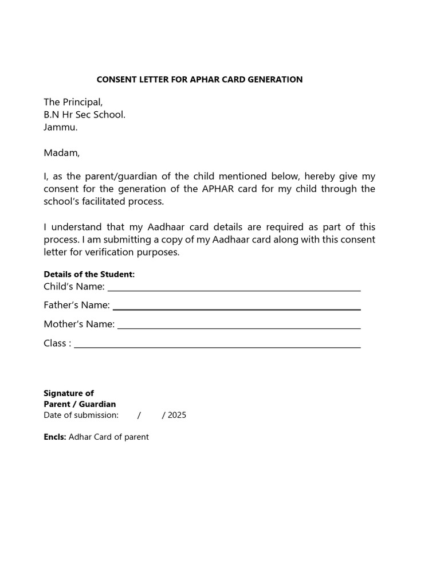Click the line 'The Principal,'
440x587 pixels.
click(73, 102)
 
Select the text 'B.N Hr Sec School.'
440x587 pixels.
click(84, 115)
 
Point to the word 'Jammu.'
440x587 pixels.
click(61, 127)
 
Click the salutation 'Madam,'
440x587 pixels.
click(62, 152)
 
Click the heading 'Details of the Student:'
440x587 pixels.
click(89, 275)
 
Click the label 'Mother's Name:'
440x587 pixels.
click(79, 324)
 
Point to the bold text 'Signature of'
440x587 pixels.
click(69, 393)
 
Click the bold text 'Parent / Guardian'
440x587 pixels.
click(80, 404)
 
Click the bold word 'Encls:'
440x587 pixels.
click(55, 437)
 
